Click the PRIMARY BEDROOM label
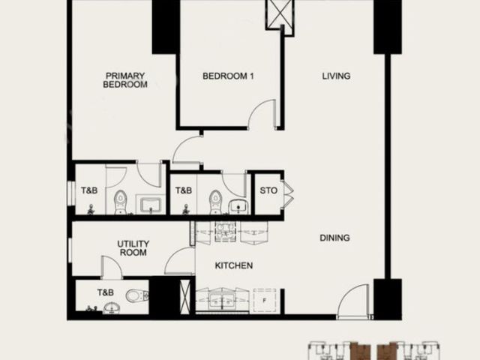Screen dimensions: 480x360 tap(125, 80)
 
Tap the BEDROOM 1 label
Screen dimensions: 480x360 tap(228, 76)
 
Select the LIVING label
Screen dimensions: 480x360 tap(336, 76)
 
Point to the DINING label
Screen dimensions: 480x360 tap(334, 238)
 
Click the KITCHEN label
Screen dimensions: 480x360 tap(234, 265)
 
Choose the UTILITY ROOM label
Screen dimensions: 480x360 tap(133, 248)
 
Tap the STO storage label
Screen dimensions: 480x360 tap(268, 190)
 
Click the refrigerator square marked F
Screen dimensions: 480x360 tap(265, 301)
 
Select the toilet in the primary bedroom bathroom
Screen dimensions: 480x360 tap(120, 202)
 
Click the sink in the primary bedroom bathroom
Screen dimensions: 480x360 tap(151, 205)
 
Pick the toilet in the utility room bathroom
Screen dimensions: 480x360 tap(137, 295)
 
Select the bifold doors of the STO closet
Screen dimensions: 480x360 tap(289, 195)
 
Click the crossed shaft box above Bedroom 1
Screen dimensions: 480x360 tap(280, 14)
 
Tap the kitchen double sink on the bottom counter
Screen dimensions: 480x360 tap(222, 300)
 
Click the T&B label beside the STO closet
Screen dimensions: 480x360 tap(183, 190)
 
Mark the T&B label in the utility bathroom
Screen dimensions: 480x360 tap(106, 292)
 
